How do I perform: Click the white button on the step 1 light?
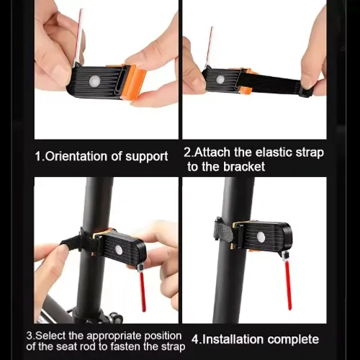coord(94,81)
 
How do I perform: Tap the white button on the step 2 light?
coord(220,79)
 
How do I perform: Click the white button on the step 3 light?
coord(120,249)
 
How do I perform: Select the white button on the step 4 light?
coord(261,238)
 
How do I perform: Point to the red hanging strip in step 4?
coord(288,285)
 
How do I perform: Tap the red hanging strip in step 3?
coord(143,291)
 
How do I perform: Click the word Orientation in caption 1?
coord(76,156)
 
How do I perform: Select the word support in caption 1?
coord(147,157)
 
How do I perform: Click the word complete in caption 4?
coord(293,340)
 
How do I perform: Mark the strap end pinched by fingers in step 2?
coord(305,91)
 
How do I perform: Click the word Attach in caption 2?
coord(212,152)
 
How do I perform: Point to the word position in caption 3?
coord(163,336)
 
